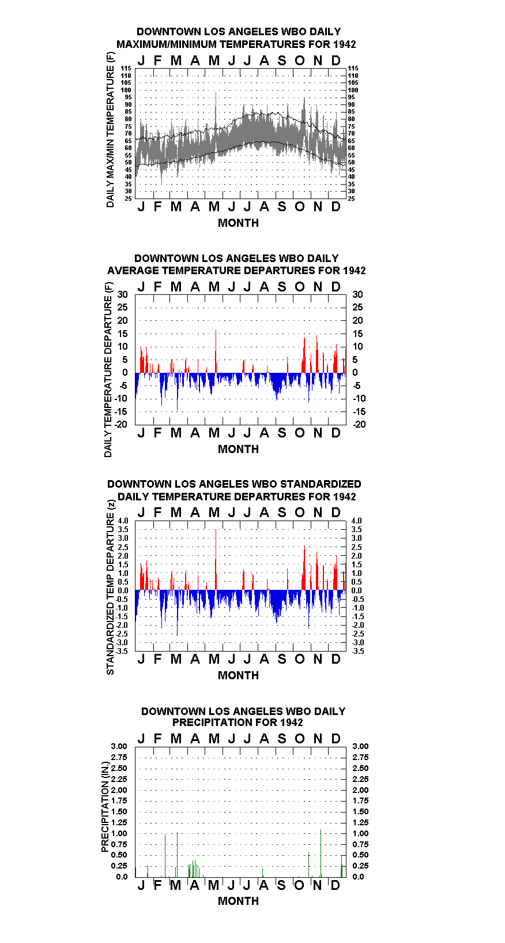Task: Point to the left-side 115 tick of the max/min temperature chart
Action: coord(126,68)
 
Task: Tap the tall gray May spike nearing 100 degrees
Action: coord(216,110)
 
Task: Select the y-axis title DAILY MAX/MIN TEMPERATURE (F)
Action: coord(110,130)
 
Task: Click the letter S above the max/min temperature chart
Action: coord(282,61)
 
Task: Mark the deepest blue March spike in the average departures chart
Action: coord(178,391)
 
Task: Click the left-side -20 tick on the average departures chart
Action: coord(121,424)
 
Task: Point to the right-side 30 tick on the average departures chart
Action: coord(357,295)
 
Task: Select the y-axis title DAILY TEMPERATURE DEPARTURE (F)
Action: coord(108,369)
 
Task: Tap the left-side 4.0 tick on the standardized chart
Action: coord(123,521)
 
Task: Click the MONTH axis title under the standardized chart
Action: coord(239,675)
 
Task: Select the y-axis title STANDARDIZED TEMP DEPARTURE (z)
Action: coord(110,587)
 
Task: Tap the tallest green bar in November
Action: coord(321,854)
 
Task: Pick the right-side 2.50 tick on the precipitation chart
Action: coord(360,768)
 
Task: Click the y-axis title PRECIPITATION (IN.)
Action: coord(105,807)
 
